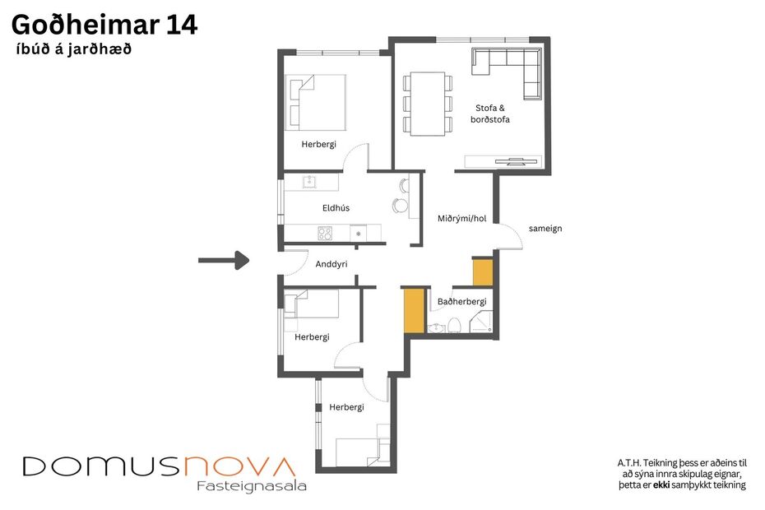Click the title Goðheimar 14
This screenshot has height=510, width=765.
pyautogui.click(x=104, y=25)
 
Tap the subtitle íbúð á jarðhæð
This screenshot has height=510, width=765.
pyautogui.click(x=73, y=49)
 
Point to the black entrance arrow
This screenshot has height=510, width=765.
pyautogui.click(x=224, y=261)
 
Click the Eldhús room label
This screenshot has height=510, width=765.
pyautogui.click(x=336, y=208)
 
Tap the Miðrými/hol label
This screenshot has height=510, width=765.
pyautogui.click(x=462, y=218)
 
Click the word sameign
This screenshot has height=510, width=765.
pyautogui.click(x=545, y=228)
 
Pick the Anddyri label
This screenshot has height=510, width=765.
pyautogui.click(x=331, y=264)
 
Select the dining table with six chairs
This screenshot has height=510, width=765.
pyautogui.click(x=427, y=104)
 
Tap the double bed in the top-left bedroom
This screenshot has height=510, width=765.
pyautogui.click(x=315, y=102)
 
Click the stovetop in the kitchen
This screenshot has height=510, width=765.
pyautogui.click(x=325, y=234)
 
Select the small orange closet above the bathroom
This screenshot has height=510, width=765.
pyautogui.click(x=482, y=272)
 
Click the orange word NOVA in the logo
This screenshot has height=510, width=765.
pyautogui.click(x=239, y=466)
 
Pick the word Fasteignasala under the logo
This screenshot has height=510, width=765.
pyautogui.click(x=252, y=486)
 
